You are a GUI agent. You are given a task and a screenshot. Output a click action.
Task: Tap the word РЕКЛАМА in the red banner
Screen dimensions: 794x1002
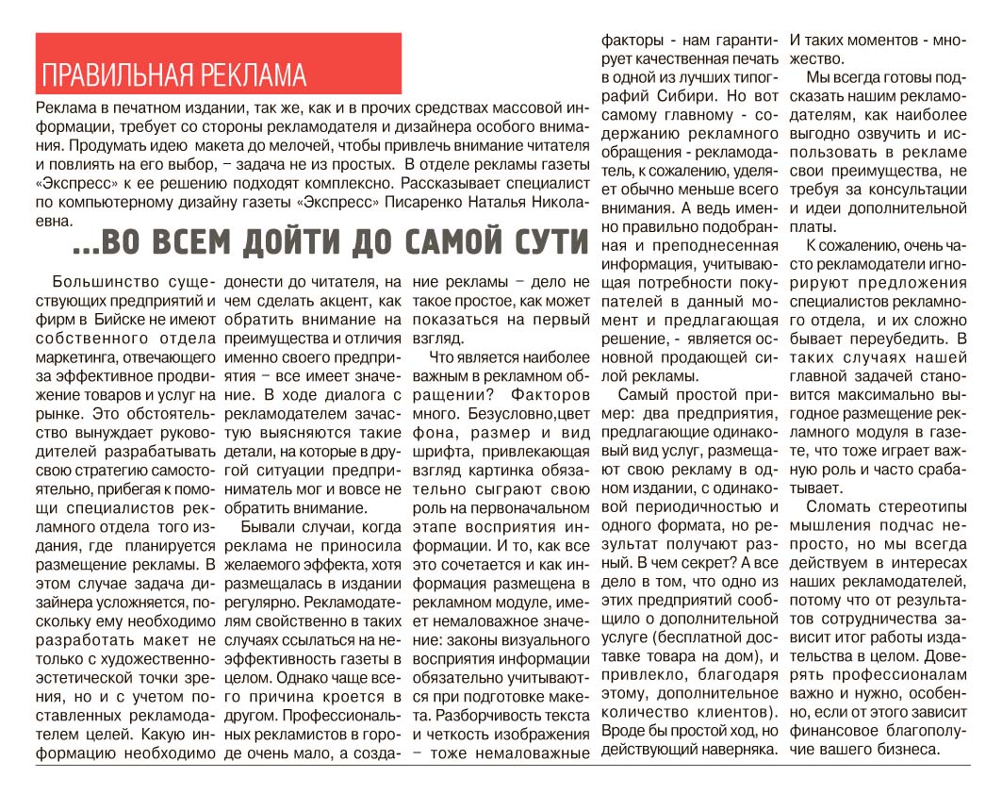257,74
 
